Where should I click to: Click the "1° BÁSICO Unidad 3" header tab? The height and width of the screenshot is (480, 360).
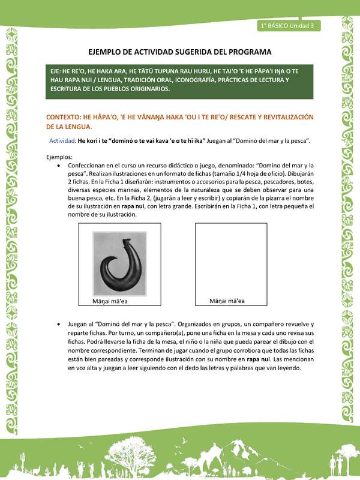click(288, 25)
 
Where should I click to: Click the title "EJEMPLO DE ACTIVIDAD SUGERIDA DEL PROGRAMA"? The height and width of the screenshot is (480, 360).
click(179, 52)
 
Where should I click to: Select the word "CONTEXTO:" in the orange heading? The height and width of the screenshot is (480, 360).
click(68, 117)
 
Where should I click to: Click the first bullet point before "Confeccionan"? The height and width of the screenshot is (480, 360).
click(58, 164)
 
